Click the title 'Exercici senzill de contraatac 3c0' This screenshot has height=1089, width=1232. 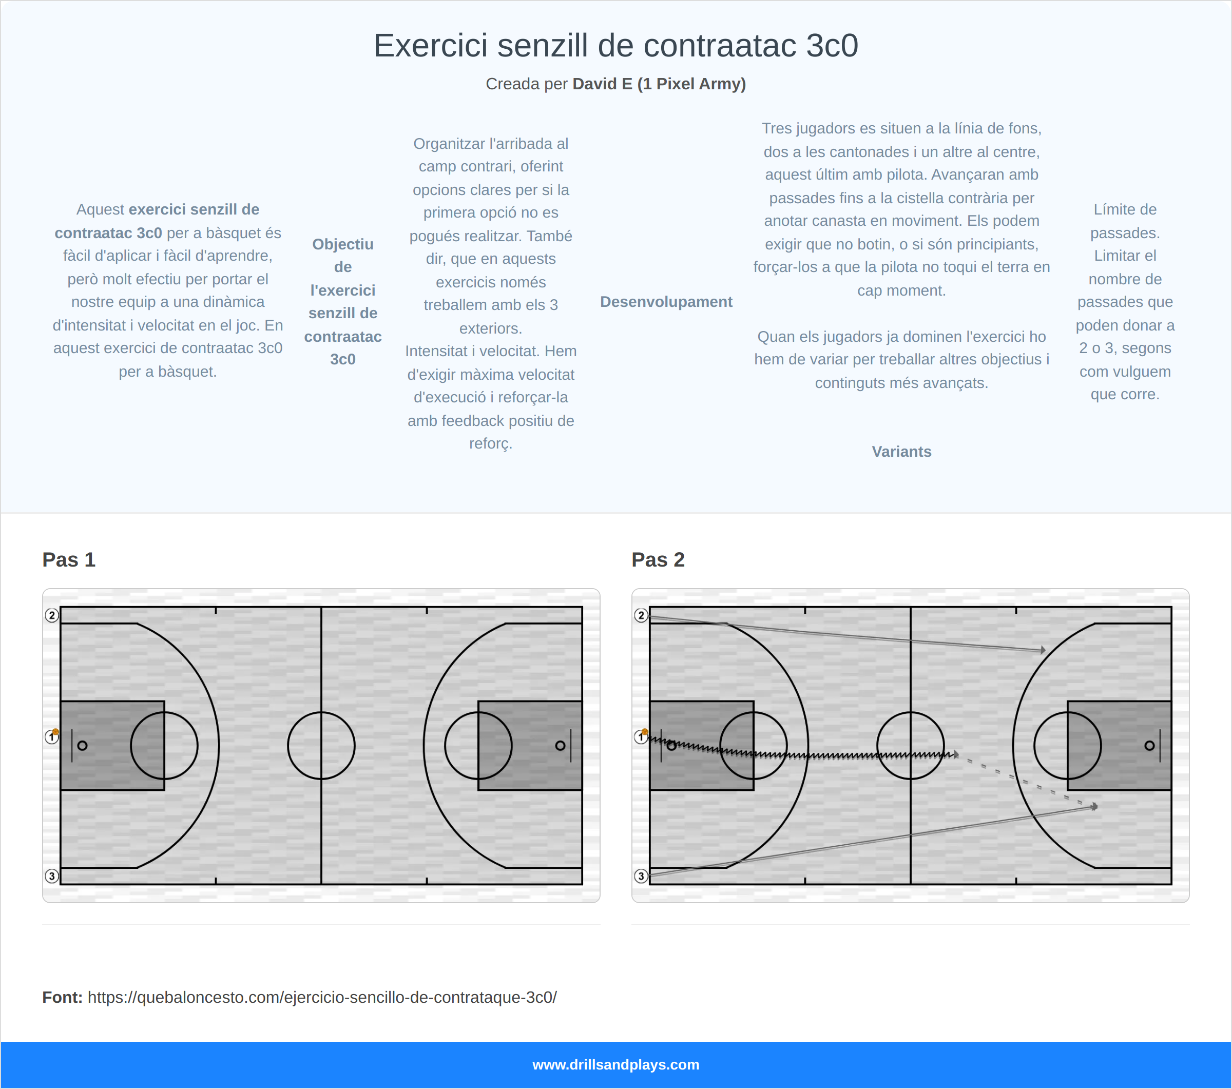pos(615,46)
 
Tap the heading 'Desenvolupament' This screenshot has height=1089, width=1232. pos(666,302)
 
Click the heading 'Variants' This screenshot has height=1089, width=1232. pos(901,452)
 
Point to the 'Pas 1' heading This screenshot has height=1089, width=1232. pos(69,560)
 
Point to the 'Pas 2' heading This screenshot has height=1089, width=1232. pos(658,560)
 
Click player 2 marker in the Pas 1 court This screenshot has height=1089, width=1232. pos(52,615)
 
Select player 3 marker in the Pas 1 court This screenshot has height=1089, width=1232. pos(52,876)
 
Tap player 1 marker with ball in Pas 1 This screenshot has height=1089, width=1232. pos(52,736)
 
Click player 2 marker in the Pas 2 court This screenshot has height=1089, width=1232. pos(641,615)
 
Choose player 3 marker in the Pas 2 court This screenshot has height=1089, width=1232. pos(641,876)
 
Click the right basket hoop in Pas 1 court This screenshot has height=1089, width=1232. pos(560,746)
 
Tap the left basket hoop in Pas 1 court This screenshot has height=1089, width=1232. pos(83,746)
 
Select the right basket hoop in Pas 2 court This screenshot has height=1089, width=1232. pos(1149,746)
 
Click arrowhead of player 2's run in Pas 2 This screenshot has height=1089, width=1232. pos(1043,650)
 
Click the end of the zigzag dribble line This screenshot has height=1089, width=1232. pos(955,754)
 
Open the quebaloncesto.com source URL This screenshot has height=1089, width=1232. pos(322,998)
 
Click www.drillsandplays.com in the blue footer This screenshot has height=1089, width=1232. pos(615,1065)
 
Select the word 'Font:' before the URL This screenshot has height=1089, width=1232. pos(62,998)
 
